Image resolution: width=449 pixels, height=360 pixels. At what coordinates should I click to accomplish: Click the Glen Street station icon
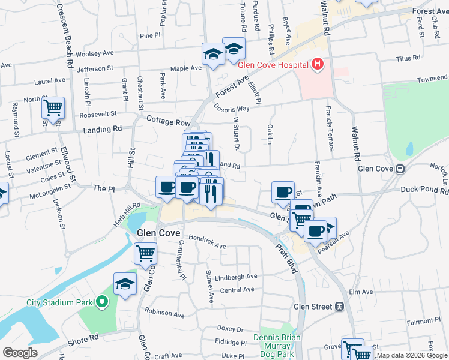340,307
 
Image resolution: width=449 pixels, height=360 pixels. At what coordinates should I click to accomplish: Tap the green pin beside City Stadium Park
102,302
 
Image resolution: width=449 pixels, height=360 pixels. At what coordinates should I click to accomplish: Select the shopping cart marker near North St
53,109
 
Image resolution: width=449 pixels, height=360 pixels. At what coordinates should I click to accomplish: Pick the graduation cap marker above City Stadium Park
125,283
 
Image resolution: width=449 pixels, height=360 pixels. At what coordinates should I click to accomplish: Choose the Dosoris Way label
231,109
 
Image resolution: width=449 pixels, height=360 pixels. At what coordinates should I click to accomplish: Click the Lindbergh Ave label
236,277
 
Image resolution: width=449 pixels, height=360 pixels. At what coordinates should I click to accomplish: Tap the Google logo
20,353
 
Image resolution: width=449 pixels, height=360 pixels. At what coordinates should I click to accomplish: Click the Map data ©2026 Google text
412,356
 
